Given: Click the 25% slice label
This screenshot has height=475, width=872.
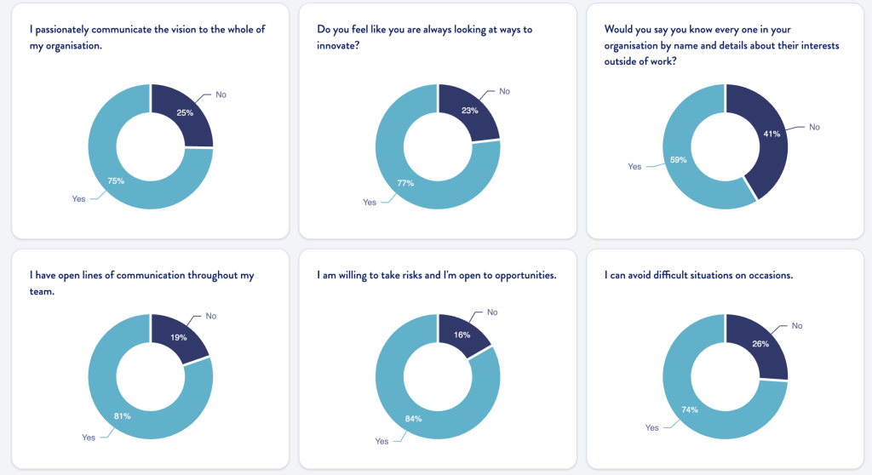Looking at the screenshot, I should (x=185, y=112).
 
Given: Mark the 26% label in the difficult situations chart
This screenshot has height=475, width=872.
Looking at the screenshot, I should (x=760, y=344).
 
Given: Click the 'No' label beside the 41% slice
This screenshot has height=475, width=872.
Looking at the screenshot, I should (x=814, y=127).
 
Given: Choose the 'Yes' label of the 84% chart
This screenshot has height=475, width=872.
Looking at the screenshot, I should (x=381, y=441).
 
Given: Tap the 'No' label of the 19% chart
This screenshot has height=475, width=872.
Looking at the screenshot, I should (x=210, y=316).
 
